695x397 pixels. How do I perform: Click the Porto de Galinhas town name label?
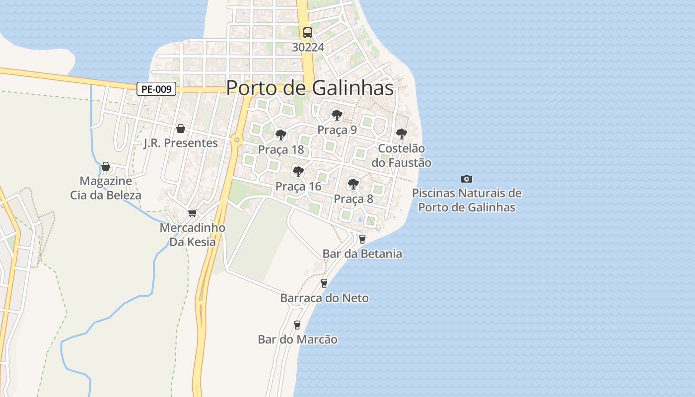pos(310,88)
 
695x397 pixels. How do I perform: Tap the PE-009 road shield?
pos(156,89)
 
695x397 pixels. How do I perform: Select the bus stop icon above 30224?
pos(308,33)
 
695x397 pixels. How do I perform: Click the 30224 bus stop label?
pos(308,47)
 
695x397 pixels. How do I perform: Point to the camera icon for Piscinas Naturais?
pos(467,179)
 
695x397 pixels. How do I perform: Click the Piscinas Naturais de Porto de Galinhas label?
pos(467,200)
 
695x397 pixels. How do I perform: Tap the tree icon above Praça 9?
pos(337,115)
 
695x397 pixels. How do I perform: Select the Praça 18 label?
pos(281,150)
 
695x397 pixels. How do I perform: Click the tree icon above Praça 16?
pos(298,172)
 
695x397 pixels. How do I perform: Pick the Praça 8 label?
pos(353,199)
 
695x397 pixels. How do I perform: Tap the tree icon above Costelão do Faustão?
pos(401,133)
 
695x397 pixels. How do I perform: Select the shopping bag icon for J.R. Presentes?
pos(181,129)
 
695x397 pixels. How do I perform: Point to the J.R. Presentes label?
pos(181,143)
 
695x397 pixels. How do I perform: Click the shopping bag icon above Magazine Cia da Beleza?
pos(106,166)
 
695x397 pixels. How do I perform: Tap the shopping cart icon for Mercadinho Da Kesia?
pos(192,213)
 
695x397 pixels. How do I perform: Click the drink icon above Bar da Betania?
pos(362,239)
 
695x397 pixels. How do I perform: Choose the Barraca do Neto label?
pos(325,298)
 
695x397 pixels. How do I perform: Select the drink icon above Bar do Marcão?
pos(297,325)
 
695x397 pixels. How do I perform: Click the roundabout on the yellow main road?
pos(237,140)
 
